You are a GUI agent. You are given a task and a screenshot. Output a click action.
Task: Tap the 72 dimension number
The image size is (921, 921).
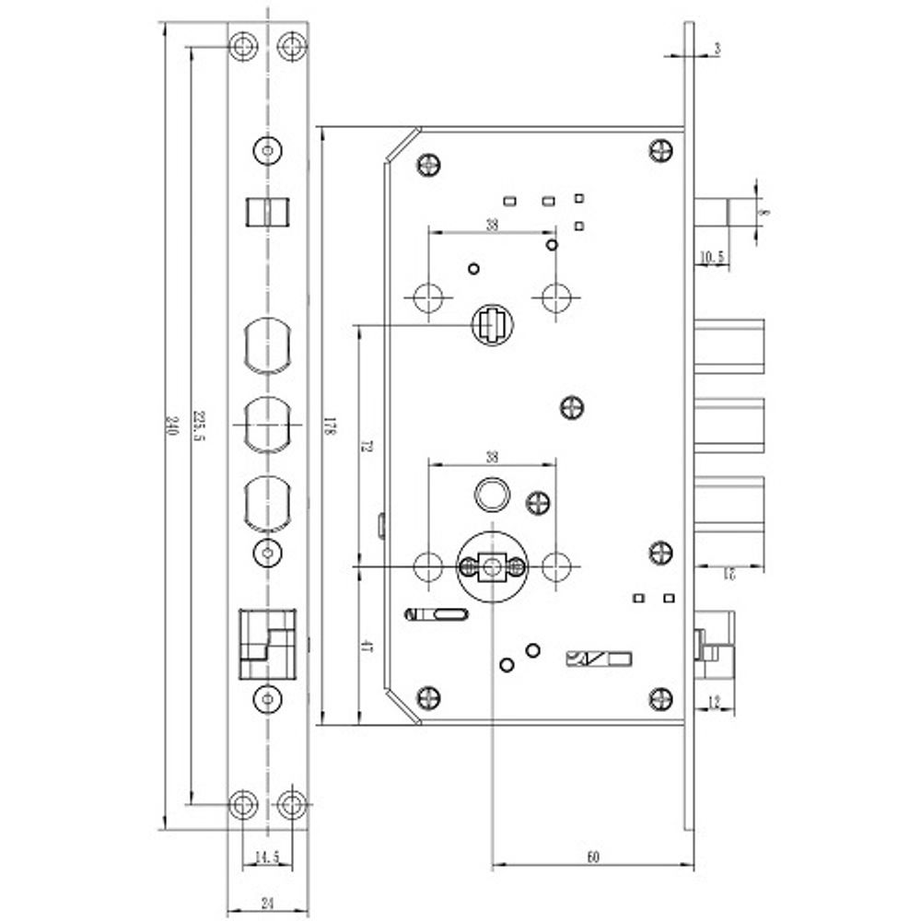[x=366, y=447]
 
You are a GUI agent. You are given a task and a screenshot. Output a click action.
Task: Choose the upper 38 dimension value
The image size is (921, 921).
[x=492, y=223]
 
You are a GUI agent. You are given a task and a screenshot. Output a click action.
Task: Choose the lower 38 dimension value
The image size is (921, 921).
[x=492, y=457]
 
